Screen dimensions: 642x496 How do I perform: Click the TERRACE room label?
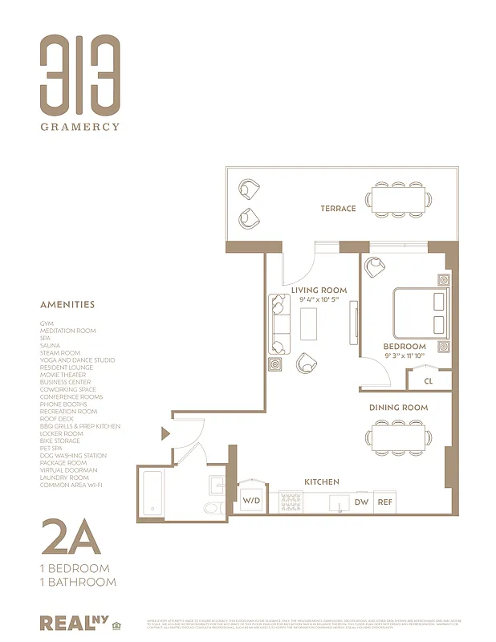coord(338,209)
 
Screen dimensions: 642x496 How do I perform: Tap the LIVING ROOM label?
coord(319,290)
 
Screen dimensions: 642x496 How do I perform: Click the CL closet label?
coord(429,381)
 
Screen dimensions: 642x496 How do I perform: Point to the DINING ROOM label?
coord(398,408)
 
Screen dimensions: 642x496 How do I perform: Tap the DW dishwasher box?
coord(361,502)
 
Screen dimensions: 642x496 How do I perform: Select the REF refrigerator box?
coord(385,502)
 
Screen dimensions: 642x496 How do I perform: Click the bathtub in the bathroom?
coord(152,491)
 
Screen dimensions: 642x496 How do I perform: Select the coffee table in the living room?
coord(310,323)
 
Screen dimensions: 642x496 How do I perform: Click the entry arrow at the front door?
coord(165,433)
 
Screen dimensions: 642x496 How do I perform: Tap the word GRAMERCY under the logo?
coord(80,126)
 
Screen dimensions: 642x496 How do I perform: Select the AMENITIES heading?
coord(67,305)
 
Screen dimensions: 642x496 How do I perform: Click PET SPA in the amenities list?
coord(51,448)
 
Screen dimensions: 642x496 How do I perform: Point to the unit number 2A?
coord(71,537)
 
